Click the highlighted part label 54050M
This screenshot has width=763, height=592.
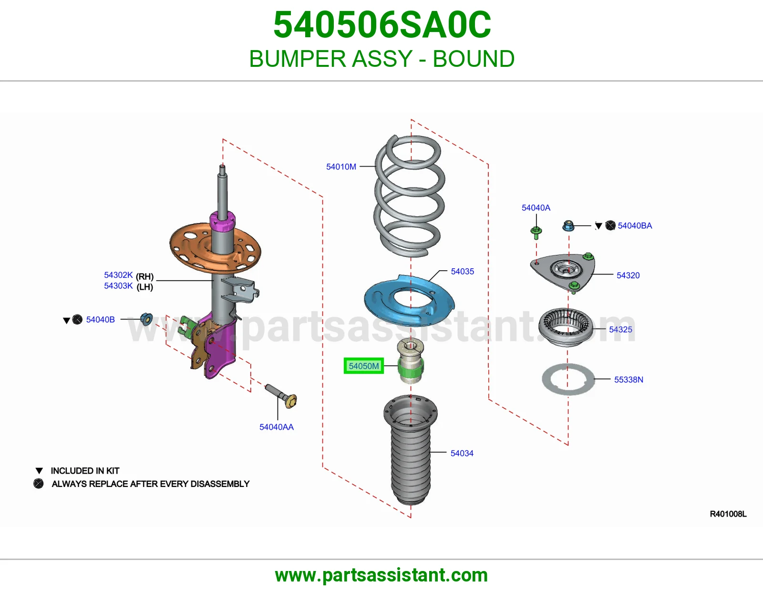click(363, 366)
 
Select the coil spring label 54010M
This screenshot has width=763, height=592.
click(341, 167)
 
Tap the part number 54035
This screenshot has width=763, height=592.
click(462, 271)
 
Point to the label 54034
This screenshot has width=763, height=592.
click(462, 453)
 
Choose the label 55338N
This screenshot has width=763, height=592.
click(629, 380)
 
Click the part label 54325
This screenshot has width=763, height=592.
click(620, 329)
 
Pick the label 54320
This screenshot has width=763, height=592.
click(628, 275)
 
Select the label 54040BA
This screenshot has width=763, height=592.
click(635, 226)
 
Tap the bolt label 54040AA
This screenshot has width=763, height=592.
click(276, 427)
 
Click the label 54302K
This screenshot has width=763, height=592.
click(118, 275)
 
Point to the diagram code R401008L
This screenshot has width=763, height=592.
click(728, 514)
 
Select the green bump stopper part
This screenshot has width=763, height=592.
click(411, 367)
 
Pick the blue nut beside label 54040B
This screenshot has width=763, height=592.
click(146, 319)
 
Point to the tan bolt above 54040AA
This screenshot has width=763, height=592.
click(282, 396)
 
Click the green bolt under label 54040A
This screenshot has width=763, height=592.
click(536, 232)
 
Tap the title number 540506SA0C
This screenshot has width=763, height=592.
click(382, 25)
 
